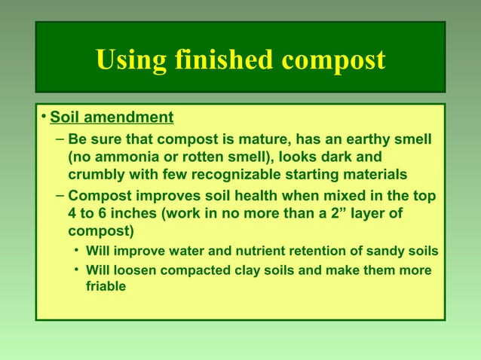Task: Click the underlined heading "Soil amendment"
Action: click(x=112, y=118)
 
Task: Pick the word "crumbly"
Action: click(x=97, y=175)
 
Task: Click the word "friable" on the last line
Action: click(x=105, y=286)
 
